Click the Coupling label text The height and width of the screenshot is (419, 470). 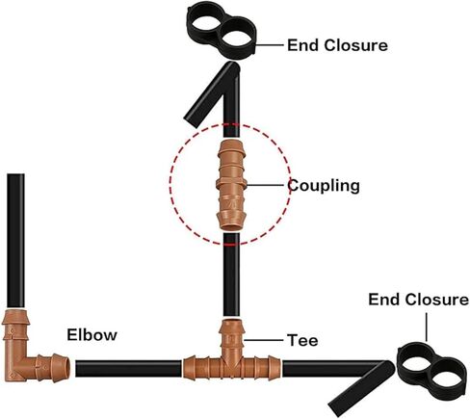(324, 186)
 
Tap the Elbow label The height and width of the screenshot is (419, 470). (92, 335)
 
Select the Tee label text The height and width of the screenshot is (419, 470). (302, 340)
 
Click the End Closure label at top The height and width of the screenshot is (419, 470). (337, 45)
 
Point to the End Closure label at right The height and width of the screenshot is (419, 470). (418, 300)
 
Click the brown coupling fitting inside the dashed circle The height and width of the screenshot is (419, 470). (231, 185)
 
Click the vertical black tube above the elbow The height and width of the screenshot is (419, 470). (15, 241)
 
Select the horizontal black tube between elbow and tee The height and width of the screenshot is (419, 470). (128, 369)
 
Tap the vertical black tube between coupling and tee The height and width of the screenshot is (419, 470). (231, 275)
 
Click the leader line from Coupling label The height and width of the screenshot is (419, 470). (268, 185)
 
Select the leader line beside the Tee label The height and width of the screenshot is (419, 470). (264, 340)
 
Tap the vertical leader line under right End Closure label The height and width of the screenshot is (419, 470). (427, 327)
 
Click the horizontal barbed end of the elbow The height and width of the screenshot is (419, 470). (53, 368)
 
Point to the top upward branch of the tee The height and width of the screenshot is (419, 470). (232, 335)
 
